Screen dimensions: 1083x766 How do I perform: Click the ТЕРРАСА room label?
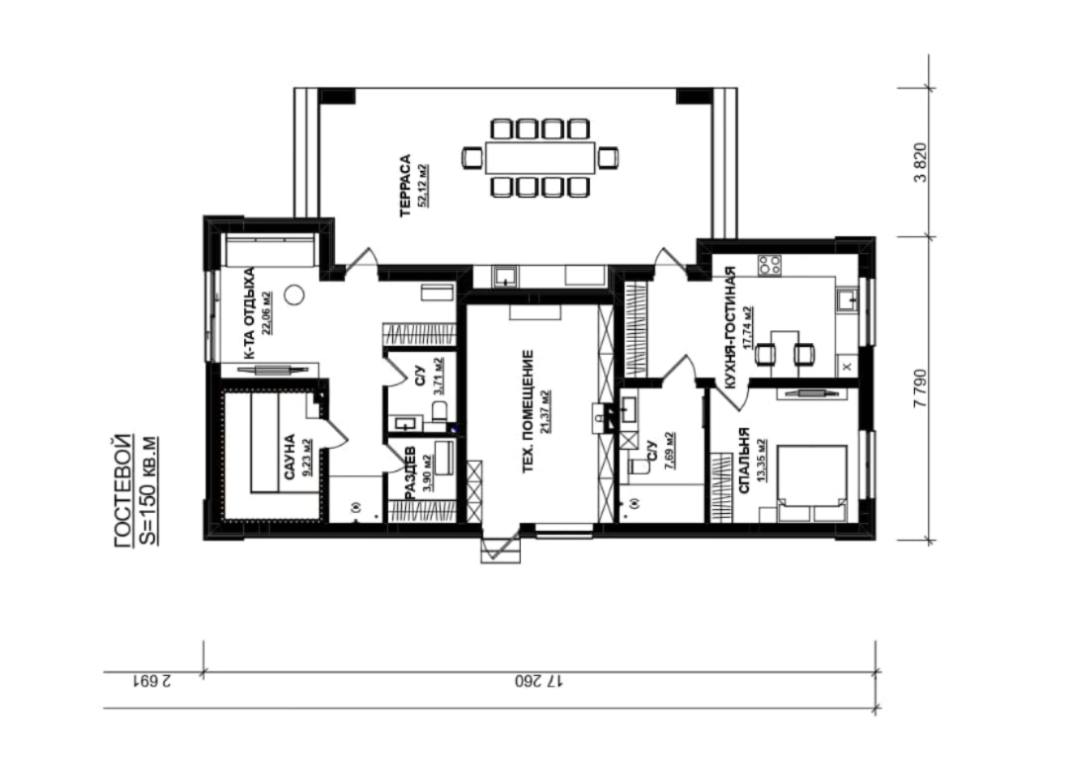405,185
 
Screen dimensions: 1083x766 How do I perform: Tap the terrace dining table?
541,158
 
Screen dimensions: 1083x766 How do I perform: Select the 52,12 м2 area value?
423,185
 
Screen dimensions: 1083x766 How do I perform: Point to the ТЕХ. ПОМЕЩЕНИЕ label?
528,412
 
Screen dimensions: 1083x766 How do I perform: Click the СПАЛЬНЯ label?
744,460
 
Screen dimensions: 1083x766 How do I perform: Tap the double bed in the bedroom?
812,483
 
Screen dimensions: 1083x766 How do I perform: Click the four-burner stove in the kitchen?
770,265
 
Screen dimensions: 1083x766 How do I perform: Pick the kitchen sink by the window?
847,300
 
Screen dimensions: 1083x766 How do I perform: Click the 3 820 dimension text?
919,163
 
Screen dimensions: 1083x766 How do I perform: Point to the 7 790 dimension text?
919,388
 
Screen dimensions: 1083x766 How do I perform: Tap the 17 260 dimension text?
539,681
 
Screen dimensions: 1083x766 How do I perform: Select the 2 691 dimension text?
151,681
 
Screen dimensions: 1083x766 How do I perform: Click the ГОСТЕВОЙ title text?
122,491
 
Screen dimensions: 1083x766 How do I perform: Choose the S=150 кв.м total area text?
148,491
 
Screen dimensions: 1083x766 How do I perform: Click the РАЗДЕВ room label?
409,473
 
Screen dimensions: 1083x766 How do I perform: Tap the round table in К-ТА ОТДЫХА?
294,295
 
